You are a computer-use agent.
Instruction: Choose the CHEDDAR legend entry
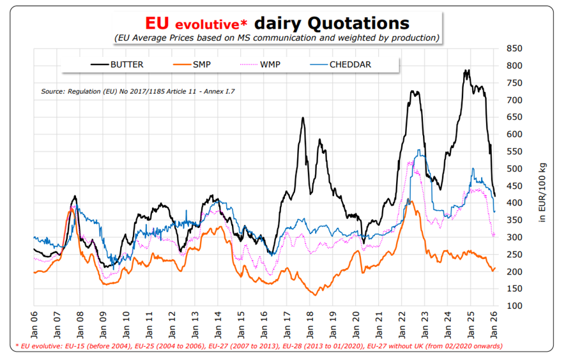coord(350,64)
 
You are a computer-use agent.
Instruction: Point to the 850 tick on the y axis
coord(514,49)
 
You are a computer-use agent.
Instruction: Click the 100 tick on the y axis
coord(514,306)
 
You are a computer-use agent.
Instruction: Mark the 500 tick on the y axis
coord(514,169)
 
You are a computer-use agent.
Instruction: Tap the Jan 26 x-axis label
coord(495,324)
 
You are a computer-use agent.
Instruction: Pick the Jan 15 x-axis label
coord(241,324)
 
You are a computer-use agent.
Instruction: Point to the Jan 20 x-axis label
coord(356,324)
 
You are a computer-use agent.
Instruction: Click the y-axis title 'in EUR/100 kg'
coord(542,191)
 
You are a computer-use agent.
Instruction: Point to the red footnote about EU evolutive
coord(258,346)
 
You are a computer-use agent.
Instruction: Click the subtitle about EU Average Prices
coord(277,38)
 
